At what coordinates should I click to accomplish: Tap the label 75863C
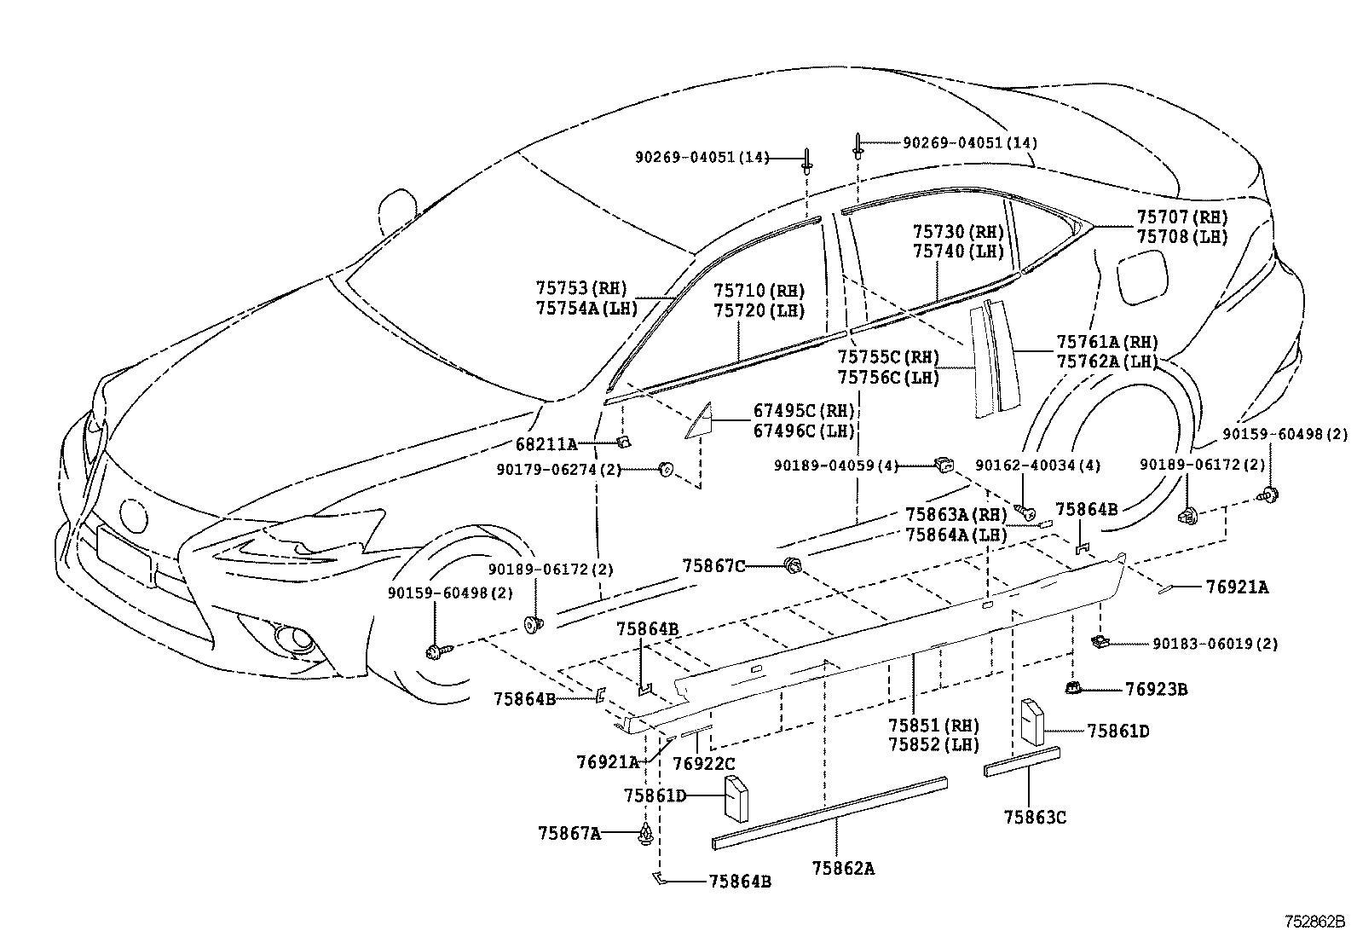pos(1034,817)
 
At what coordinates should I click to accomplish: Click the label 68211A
pos(546,443)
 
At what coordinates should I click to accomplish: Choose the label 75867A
pos(569,832)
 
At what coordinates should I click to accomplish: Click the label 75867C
pos(713,565)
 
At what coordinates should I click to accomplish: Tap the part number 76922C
pos(703,762)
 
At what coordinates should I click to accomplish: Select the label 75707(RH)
pos(1181,217)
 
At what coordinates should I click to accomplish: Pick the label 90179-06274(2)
pos(559,469)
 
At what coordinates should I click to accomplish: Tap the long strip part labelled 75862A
pos(829,813)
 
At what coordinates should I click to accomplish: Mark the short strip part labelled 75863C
pos(1022,761)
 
